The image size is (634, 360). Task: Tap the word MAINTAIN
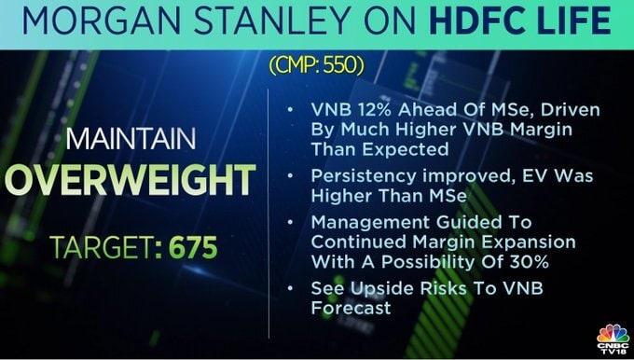click(131, 139)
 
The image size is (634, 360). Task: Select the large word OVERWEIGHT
click(131, 180)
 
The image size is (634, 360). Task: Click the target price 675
click(193, 247)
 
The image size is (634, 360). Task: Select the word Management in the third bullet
click(366, 223)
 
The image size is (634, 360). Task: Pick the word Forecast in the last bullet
click(351, 308)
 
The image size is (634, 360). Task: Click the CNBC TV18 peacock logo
click(613, 339)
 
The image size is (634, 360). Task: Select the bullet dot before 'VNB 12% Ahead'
click(290, 109)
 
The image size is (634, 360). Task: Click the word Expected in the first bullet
click(406, 149)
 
